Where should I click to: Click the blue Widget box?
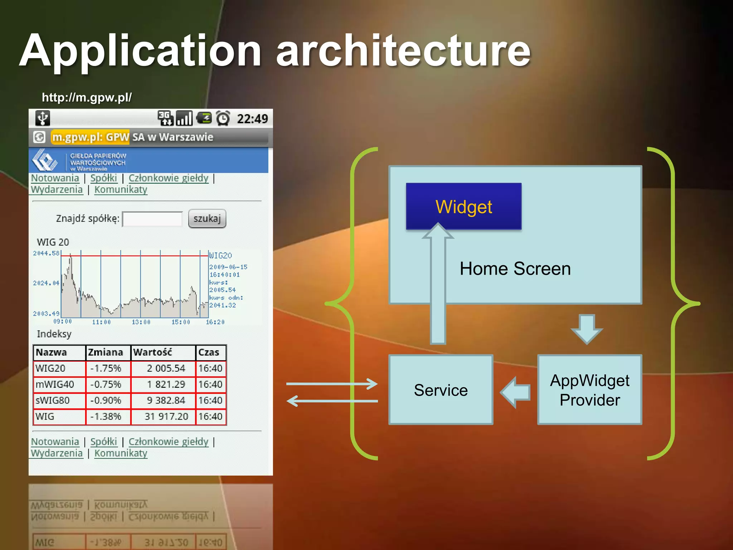point(463,206)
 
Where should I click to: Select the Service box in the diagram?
point(441,390)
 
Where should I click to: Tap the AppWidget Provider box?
point(589,390)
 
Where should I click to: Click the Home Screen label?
point(515,269)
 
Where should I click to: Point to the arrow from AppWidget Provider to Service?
point(515,392)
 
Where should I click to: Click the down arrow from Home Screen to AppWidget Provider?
point(587,329)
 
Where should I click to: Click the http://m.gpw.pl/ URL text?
point(87,97)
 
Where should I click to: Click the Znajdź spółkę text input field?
point(152,219)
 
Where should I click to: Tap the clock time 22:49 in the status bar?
point(252,119)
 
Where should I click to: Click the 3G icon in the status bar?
point(165,118)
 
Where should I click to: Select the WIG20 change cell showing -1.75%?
point(106,368)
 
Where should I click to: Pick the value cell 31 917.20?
point(166,416)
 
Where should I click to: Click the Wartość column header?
point(153,352)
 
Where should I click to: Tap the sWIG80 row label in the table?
point(53,400)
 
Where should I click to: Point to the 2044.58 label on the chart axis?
point(46,253)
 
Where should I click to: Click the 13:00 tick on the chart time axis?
point(141,322)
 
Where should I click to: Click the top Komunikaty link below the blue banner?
point(121,189)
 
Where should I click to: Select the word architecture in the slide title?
point(403,51)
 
